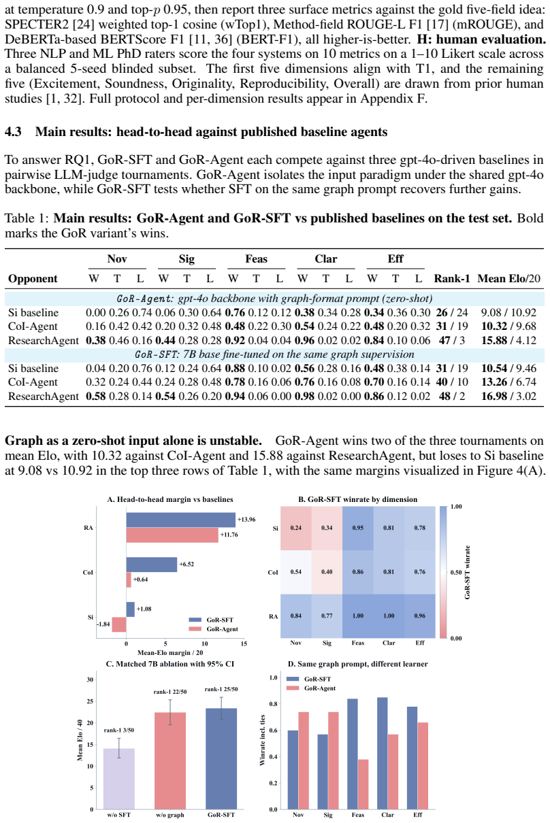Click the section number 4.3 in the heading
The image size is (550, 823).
[13, 132]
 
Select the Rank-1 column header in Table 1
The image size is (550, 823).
[452, 278]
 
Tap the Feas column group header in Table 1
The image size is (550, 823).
[256, 259]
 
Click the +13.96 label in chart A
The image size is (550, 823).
[246, 520]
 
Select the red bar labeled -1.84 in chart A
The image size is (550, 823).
[118, 624]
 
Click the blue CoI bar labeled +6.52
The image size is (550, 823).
[152, 565]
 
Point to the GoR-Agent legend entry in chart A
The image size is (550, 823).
[214, 628]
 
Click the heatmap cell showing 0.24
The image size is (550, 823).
[296, 528]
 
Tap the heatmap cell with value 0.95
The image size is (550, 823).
[358, 528]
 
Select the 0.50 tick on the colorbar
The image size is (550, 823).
[456, 572]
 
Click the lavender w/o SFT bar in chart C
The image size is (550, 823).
[118, 779]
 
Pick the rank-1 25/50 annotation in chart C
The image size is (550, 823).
[221, 689]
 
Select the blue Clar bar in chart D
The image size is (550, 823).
[383, 753]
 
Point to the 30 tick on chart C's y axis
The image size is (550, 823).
[90, 679]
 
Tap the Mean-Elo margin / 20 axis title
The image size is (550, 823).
[170, 652]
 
